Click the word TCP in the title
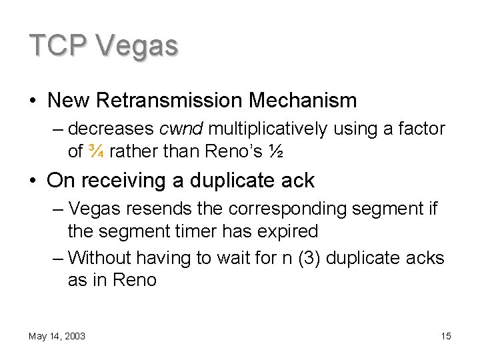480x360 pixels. click(58, 45)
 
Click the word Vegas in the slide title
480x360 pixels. click(137, 47)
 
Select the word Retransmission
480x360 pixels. click(169, 101)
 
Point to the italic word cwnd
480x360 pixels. click(182, 127)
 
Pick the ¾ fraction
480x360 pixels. click(95, 151)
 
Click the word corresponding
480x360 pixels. click(284, 209)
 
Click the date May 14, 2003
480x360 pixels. click(57, 336)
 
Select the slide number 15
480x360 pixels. click(446, 336)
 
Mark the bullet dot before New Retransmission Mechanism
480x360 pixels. click(33, 101)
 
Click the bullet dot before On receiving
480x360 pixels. click(33, 181)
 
